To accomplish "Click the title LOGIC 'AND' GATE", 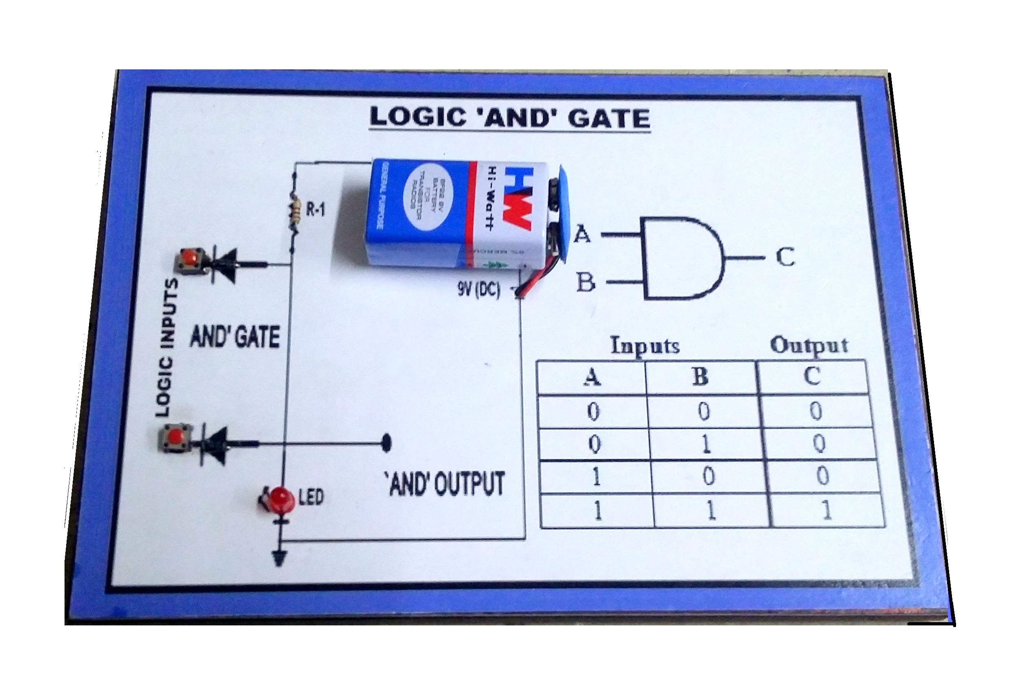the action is pyautogui.click(x=509, y=118).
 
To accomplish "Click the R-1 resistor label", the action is pyautogui.click(x=315, y=211).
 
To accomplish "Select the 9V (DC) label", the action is pyautogui.click(x=479, y=290).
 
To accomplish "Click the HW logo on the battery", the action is pyautogui.click(x=517, y=196).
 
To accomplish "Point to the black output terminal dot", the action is pyautogui.click(x=386, y=443).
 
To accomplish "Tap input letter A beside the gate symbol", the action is pyautogui.click(x=582, y=234).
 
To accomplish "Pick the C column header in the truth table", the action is pyautogui.click(x=812, y=376).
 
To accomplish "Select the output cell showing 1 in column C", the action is pyautogui.click(x=826, y=510).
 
